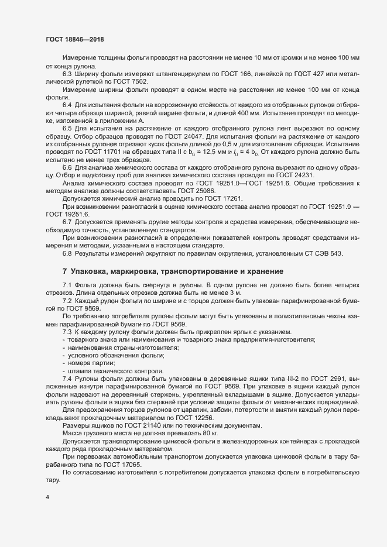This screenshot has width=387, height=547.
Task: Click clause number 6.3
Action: pyautogui.click(x=67, y=74)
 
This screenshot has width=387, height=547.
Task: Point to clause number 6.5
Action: pyautogui.click(x=67, y=128)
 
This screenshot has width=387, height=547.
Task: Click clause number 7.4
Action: pyautogui.click(x=67, y=381)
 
